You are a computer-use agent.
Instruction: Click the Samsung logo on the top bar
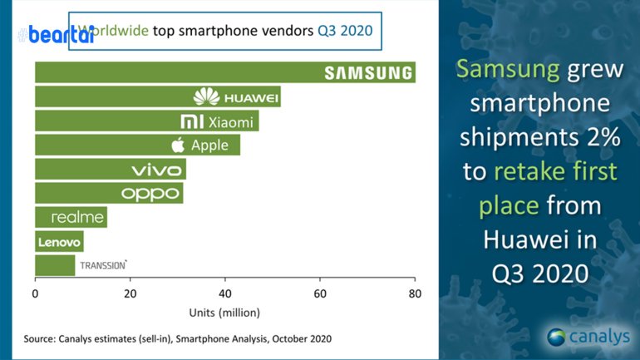coord(368,73)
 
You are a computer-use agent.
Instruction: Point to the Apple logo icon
coord(177,145)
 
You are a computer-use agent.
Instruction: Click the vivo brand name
coord(157,170)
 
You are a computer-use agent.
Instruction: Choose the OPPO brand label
coord(150,194)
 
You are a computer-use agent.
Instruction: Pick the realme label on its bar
coord(77,218)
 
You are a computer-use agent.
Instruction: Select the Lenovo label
coord(58,242)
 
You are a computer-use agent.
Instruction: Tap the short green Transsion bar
coord(55,266)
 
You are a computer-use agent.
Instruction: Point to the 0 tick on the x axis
coord(35,293)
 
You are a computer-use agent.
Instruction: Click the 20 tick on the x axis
coord(130,293)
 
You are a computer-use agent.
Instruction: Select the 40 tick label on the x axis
coord(224,293)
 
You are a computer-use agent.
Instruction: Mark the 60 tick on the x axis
coord(320,293)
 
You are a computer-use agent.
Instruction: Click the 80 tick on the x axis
coord(414,293)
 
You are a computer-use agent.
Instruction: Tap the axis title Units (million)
coord(224,313)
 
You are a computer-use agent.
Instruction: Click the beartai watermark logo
coord(42,34)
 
